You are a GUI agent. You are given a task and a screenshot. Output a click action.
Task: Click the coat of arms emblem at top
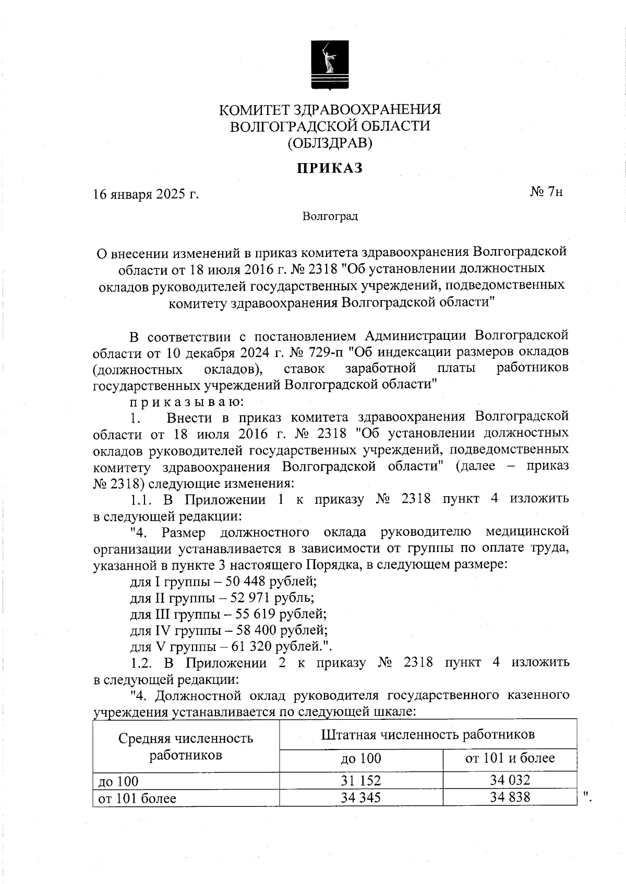click(330, 66)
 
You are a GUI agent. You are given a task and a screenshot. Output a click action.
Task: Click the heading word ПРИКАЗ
click(329, 168)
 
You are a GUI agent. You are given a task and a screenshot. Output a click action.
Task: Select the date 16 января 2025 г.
click(146, 194)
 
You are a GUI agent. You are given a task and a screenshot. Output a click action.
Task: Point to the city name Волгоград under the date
click(330, 216)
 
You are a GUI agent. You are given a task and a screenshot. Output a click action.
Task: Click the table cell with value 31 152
click(360, 780)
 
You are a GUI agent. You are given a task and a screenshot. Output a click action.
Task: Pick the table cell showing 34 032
click(510, 780)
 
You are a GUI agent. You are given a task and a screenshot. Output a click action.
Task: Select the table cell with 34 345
click(360, 797)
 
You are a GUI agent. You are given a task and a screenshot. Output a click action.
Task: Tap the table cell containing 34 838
click(510, 797)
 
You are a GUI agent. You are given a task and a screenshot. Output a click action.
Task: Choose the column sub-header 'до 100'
click(360, 758)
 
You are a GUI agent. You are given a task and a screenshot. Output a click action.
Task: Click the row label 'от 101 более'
click(137, 798)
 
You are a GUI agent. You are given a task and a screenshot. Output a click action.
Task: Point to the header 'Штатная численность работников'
click(428, 734)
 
